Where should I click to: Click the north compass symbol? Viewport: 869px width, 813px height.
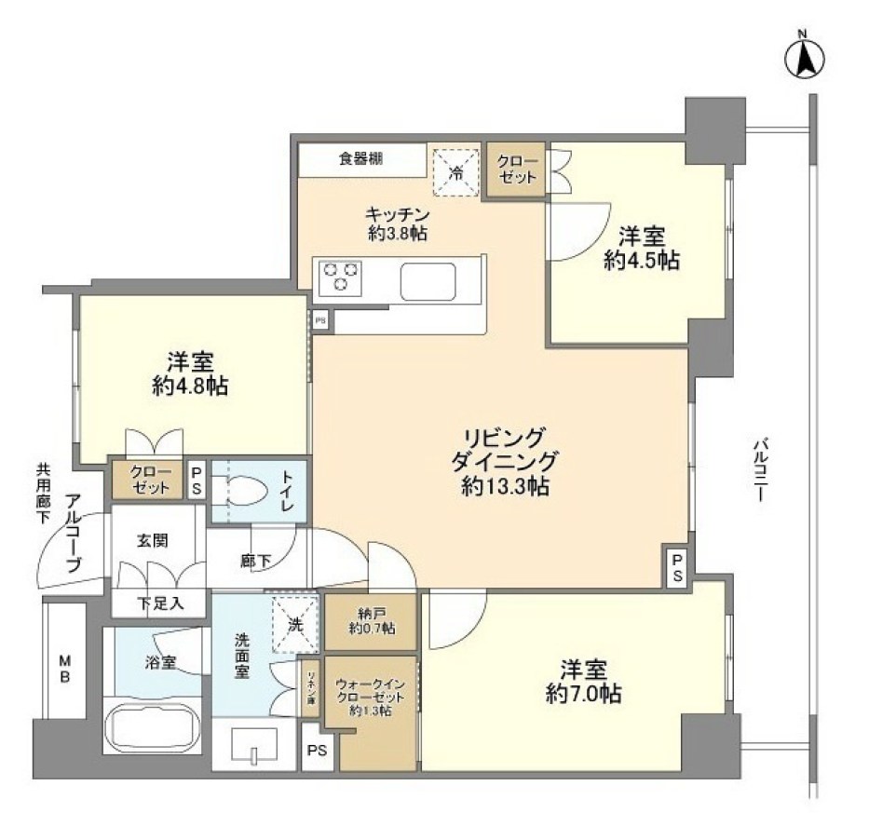click(807, 59)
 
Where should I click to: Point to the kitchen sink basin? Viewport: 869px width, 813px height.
click(428, 279)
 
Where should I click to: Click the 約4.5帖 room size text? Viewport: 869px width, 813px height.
click(640, 262)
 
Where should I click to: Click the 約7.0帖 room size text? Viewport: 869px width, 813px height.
click(584, 694)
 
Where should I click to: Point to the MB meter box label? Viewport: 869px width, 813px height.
click(65, 669)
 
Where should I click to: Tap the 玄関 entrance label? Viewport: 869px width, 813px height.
click(153, 540)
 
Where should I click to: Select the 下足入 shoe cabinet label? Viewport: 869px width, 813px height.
click(160, 603)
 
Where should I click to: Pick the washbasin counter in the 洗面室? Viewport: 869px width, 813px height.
click(253, 745)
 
